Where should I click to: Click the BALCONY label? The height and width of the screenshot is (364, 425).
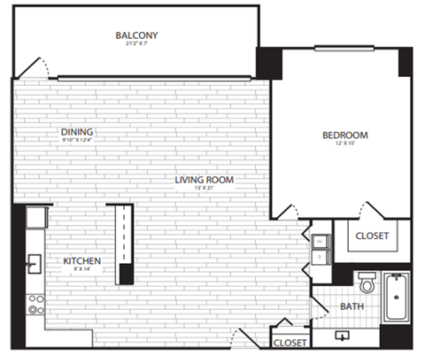(x=136, y=35)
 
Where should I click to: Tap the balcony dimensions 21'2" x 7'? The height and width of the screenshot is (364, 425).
(x=136, y=45)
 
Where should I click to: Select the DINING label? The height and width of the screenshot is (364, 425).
(x=72, y=133)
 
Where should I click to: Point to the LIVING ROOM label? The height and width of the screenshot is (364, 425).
(x=204, y=180)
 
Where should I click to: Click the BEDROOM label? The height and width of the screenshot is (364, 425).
(x=344, y=136)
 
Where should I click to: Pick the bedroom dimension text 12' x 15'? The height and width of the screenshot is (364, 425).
(x=344, y=145)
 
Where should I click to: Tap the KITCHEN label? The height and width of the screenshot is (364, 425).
(x=81, y=261)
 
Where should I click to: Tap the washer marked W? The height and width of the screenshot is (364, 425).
(x=319, y=238)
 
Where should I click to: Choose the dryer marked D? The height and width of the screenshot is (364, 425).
(x=319, y=257)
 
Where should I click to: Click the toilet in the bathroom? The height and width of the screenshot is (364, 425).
(x=367, y=283)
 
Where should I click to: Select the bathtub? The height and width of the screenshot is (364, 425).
(x=397, y=298)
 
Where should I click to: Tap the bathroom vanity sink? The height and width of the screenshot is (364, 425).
(x=343, y=336)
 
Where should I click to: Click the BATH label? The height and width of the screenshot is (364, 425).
(x=351, y=307)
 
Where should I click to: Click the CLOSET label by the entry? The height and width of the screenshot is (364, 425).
(x=290, y=342)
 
